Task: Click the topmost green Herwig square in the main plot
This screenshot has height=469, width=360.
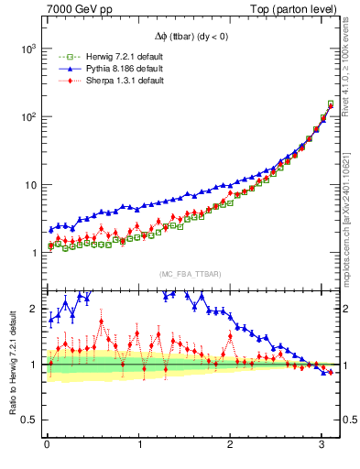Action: point(331,104)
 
